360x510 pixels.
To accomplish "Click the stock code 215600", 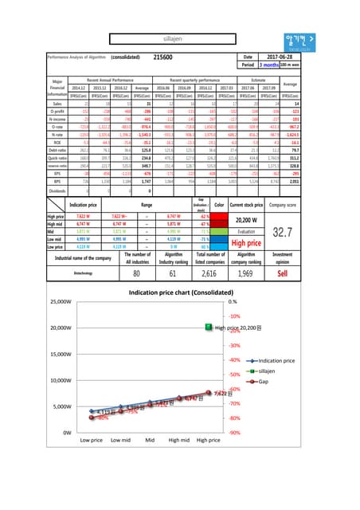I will coord(162,57).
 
